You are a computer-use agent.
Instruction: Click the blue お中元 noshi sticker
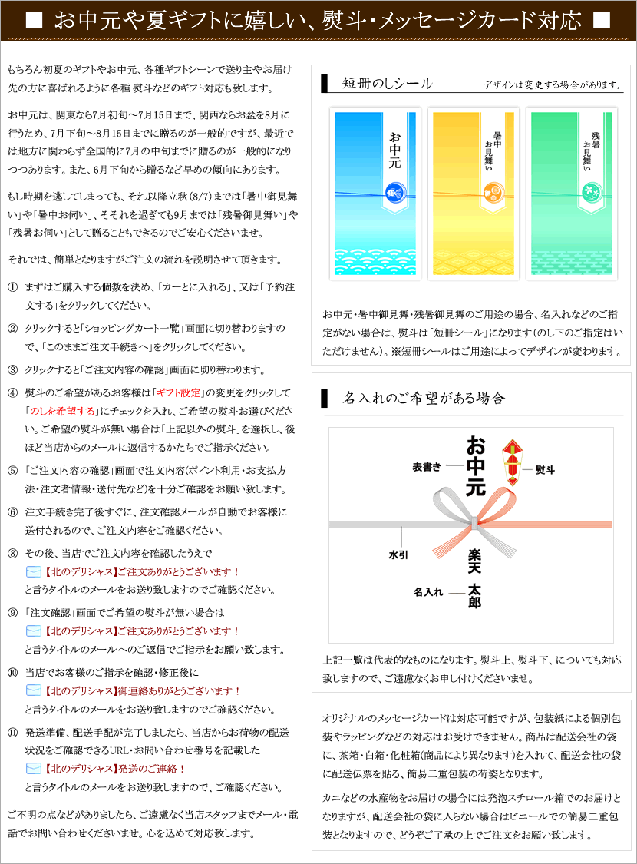point(375,192)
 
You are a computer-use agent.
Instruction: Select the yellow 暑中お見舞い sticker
point(473,192)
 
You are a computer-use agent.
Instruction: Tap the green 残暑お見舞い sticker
point(572,192)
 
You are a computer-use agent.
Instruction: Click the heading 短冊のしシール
point(388,84)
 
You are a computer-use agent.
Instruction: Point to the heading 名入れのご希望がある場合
point(424,398)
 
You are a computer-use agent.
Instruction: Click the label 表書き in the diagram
point(427,466)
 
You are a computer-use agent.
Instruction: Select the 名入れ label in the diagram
point(428,591)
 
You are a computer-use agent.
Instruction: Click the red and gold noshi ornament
point(512,460)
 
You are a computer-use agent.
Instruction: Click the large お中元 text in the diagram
point(476,465)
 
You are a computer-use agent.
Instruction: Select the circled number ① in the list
point(12,286)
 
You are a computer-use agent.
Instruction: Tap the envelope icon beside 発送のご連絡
point(33,768)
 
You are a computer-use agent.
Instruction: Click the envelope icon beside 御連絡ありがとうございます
point(33,690)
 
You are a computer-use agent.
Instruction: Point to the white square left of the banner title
point(33,21)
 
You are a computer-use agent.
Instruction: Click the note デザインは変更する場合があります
point(552,85)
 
